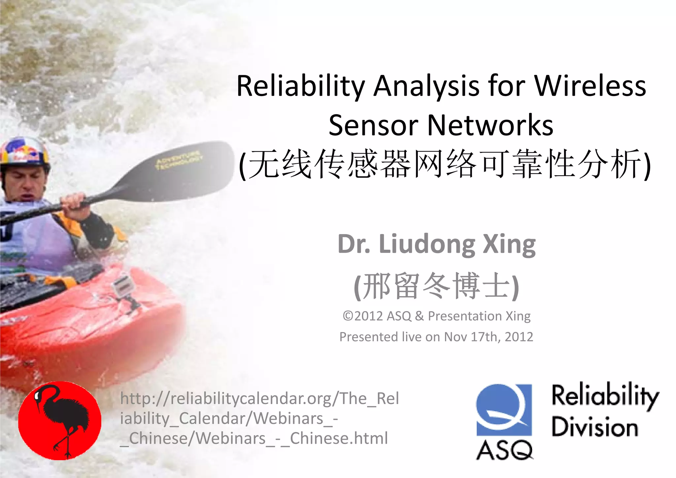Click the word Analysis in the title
(426, 86)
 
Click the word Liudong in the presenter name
(427, 244)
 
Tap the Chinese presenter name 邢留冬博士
(436, 286)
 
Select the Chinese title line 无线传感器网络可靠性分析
(444, 164)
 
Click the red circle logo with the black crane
(60, 421)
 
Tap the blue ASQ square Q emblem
(504, 409)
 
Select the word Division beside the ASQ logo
(594, 427)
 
